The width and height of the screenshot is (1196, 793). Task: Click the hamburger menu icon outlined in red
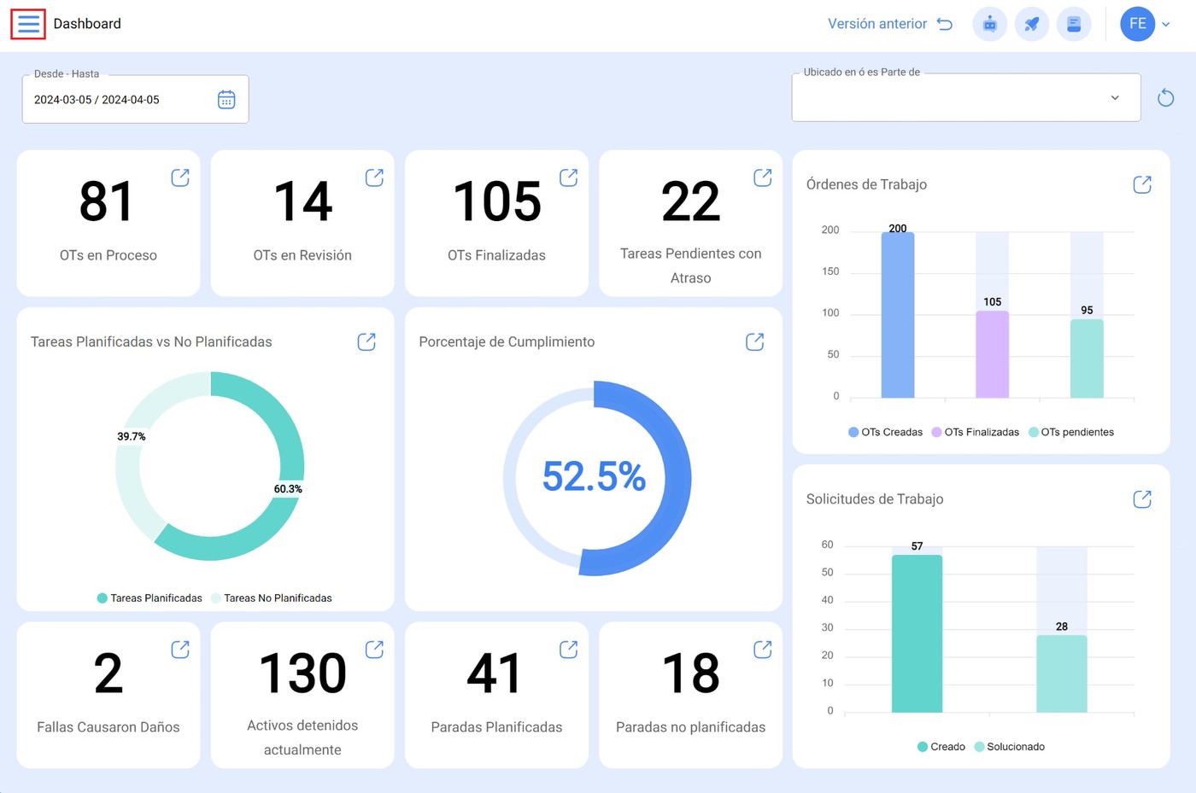[x=28, y=24]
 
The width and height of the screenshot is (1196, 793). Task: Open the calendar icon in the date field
[x=226, y=100]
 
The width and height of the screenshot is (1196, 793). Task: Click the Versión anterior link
[x=877, y=24]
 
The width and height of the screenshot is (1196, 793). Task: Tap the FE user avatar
[x=1137, y=24]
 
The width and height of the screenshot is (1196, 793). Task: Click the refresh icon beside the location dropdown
[x=1165, y=98]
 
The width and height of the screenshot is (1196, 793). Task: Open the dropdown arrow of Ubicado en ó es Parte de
[x=1115, y=98]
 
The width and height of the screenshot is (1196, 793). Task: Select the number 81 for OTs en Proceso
[x=107, y=202]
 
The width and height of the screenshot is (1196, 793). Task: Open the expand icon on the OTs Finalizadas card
[x=568, y=178]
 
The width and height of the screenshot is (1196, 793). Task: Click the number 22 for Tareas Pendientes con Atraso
[x=690, y=202]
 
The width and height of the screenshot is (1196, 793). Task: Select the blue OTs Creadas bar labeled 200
[x=898, y=316]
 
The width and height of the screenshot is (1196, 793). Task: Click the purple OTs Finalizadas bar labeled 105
[x=992, y=354]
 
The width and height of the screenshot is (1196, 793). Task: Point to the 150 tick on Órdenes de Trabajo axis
[x=830, y=271]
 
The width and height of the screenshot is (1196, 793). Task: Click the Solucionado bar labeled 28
[x=1061, y=673]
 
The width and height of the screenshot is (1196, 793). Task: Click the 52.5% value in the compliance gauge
[x=595, y=476]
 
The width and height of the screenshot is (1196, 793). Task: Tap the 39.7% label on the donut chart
[x=132, y=436]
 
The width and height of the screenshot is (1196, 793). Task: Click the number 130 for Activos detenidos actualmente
[x=302, y=673]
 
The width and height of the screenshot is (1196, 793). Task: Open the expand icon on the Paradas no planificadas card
[x=762, y=650]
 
